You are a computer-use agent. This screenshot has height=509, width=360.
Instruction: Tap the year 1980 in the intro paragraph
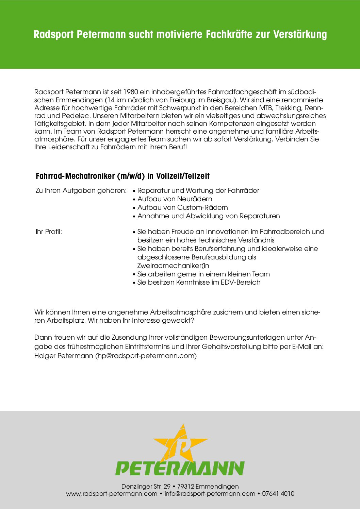point(131,92)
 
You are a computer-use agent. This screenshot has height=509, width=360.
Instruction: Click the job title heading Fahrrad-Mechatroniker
point(75,176)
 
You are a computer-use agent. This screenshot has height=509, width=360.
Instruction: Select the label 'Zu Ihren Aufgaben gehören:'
point(81,190)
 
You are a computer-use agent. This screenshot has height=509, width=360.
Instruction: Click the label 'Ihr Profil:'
point(49,232)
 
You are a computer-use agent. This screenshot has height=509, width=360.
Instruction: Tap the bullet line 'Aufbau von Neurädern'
point(175,199)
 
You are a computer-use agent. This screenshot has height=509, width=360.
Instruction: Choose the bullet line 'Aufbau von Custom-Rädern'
point(182,207)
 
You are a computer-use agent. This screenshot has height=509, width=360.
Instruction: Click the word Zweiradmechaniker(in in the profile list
point(173,266)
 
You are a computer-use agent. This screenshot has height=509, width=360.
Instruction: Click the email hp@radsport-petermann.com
point(146,356)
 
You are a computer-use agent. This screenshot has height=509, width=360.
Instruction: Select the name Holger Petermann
point(64,356)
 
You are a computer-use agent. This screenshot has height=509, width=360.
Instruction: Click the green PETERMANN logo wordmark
point(180,468)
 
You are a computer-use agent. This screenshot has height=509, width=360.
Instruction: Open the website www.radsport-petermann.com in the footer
point(112,494)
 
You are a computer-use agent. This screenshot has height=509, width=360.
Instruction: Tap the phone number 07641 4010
point(278,494)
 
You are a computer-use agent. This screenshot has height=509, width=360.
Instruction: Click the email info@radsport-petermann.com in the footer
point(210,494)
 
